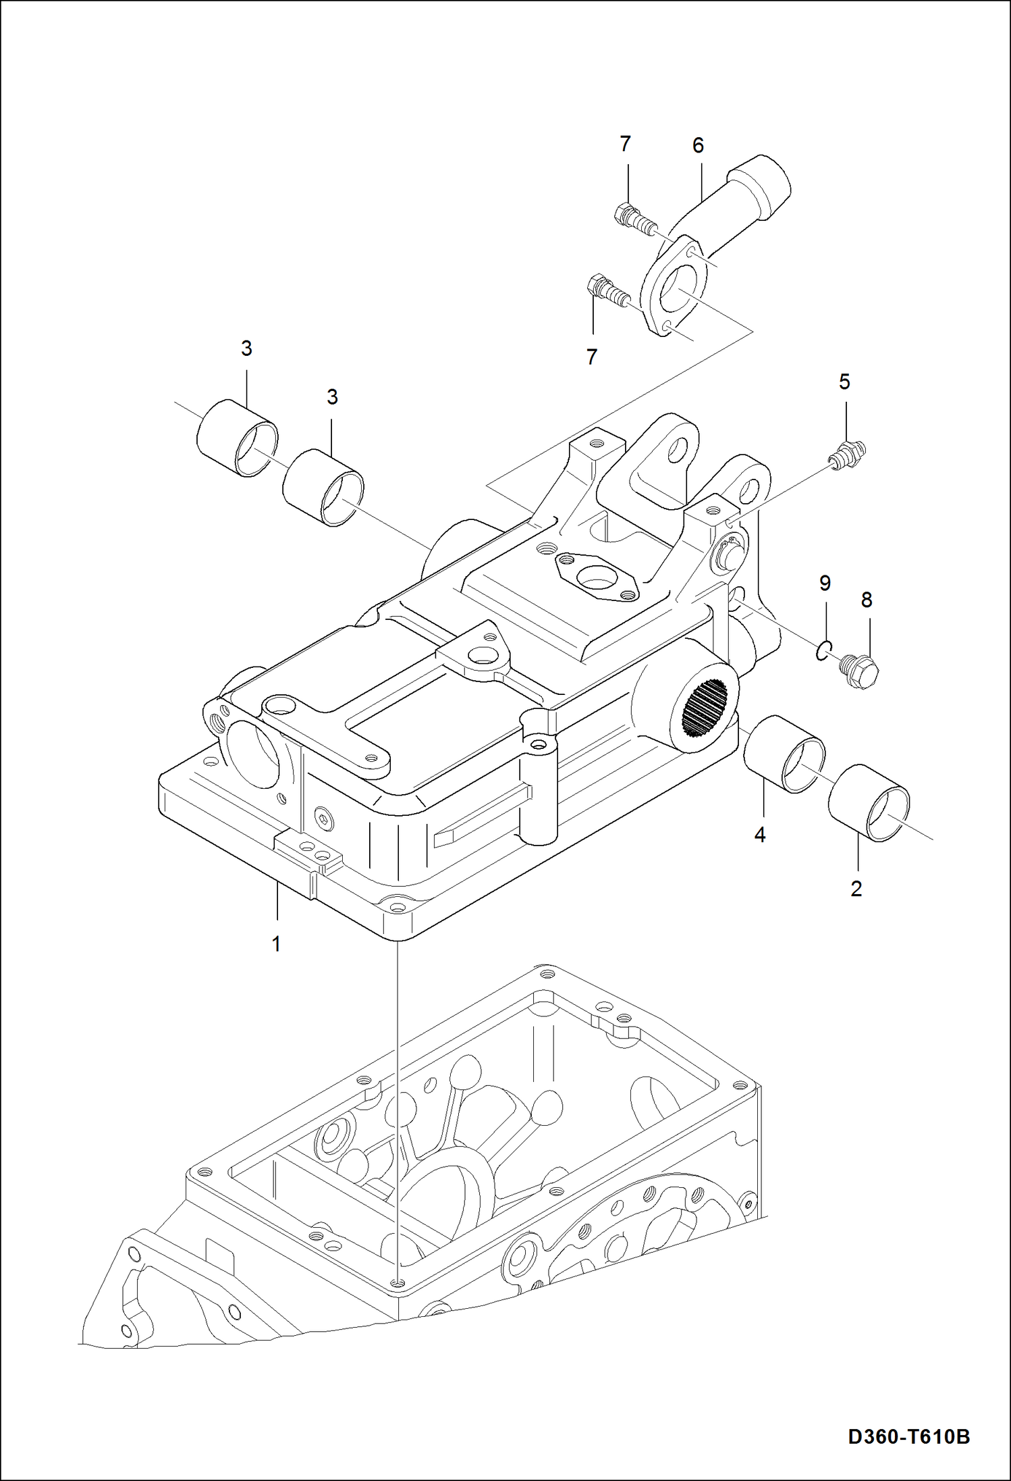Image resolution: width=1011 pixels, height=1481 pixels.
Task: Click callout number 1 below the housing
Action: [275, 943]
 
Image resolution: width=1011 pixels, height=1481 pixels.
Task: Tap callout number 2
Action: [856, 889]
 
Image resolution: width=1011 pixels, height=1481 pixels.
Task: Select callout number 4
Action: [760, 835]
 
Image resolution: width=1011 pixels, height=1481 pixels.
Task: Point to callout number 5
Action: [844, 382]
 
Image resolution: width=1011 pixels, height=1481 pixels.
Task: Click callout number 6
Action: [698, 145]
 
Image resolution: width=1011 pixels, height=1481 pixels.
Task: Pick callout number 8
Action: [867, 600]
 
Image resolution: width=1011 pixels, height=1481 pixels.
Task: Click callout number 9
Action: [825, 583]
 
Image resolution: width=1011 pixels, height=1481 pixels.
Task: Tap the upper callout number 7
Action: [625, 144]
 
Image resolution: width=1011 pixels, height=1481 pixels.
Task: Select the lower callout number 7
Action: [592, 357]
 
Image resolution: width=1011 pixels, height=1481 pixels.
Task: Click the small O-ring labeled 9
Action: [822, 652]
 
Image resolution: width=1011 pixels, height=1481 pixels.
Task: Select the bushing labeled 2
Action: [869, 802]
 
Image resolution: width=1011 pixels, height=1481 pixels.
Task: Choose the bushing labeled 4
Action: [784, 754]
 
